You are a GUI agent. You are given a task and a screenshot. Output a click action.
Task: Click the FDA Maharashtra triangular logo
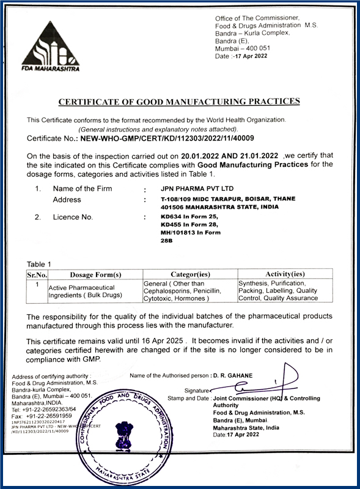(53, 46)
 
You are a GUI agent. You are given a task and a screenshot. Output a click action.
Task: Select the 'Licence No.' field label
(73, 217)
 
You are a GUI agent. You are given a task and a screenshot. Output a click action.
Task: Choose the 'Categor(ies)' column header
(189, 274)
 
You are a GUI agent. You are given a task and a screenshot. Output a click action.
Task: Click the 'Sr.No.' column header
(37, 274)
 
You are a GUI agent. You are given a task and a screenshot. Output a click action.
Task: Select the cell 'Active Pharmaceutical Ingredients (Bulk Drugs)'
(86, 291)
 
